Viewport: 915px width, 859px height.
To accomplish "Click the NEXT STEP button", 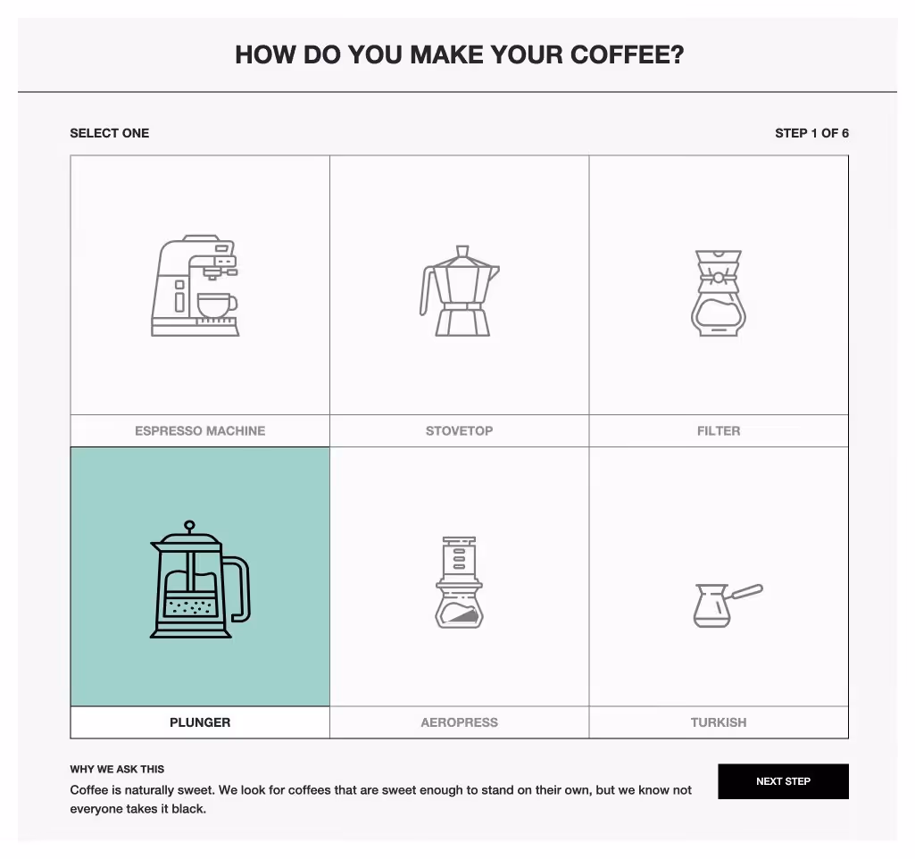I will pyautogui.click(x=783, y=781).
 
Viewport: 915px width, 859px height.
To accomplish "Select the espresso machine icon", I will pyautogui.click(x=195, y=286).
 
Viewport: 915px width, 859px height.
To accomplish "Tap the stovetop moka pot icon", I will pyautogui.click(x=460, y=291).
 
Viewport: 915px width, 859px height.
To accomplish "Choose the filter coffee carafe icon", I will pyautogui.click(x=719, y=293).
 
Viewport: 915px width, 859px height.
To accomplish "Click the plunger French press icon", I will pyautogui.click(x=199, y=580).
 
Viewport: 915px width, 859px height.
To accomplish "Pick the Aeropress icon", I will pyautogui.click(x=459, y=582).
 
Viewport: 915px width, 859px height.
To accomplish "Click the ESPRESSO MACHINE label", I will pyautogui.click(x=200, y=430).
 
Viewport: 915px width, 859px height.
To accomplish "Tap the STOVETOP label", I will pyautogui.click(x=459, y=430).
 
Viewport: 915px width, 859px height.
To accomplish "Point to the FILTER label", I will pyautogui.click(x=719, y=430).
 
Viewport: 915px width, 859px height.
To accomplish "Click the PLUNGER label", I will pyautogui.click(x=200, y=722).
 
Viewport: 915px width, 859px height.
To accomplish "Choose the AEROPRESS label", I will pyautogui.click(x=459, y=722).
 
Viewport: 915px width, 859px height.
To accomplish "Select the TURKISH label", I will pyautogui.click(x=719, y=722).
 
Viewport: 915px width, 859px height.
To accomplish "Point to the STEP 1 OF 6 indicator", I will pyautogui.click(x=811, y=133).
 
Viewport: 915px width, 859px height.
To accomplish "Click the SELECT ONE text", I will pyautogui.click(x=110, y=133).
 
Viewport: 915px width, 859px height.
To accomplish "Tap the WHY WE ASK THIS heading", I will pyautogui.click(x=117, y=769).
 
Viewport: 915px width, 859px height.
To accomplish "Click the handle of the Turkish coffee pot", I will pyautogui.click(x=746, y=592).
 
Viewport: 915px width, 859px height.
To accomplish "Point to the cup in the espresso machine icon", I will pyautogui.click(x=215, y=304).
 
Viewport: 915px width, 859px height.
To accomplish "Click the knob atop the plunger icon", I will pyautogui.click(x=189, y=526).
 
